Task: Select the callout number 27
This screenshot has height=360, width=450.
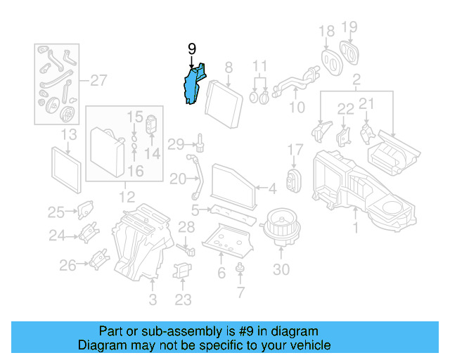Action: [98, 79]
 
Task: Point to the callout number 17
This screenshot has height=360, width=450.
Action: [295, 149]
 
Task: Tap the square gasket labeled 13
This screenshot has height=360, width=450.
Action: [67, 170]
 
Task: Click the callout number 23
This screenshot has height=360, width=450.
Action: [183, 300]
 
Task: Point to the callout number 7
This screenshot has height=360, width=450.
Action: [240, 292]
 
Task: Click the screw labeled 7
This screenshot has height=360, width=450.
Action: [240, 267]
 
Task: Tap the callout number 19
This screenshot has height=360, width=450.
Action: [349, 29]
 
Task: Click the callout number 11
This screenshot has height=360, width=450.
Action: [260, 66]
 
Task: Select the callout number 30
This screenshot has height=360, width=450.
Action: [281, 269]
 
